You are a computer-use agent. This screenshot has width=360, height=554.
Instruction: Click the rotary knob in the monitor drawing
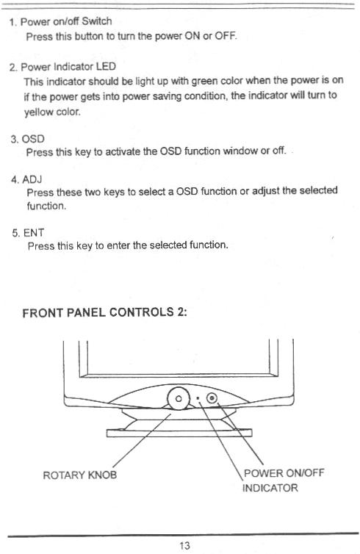coord(179,398)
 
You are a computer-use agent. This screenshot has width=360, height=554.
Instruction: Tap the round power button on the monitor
coord(212,398)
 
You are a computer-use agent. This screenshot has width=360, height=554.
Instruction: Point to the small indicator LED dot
coord(198,398)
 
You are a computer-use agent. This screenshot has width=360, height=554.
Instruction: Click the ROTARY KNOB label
coord(80,475)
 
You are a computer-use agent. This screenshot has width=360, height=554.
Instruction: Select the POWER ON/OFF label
coord(284,472)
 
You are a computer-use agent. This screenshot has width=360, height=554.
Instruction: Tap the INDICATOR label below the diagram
coord(270,488)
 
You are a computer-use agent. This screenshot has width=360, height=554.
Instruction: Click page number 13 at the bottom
coord(184,545)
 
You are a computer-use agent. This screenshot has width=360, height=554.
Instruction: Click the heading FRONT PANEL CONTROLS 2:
coord(104,313)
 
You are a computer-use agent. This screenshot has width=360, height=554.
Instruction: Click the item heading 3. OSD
coord(28,139)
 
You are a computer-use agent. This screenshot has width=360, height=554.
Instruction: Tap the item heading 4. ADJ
coord(26,179)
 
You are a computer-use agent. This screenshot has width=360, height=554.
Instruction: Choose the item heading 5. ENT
coord(28,233)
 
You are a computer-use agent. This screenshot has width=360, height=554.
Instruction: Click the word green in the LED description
coord(204,82)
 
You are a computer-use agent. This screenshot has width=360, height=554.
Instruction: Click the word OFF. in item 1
coord(226,36)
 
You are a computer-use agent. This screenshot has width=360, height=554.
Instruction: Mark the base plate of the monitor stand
coord(179,434)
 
